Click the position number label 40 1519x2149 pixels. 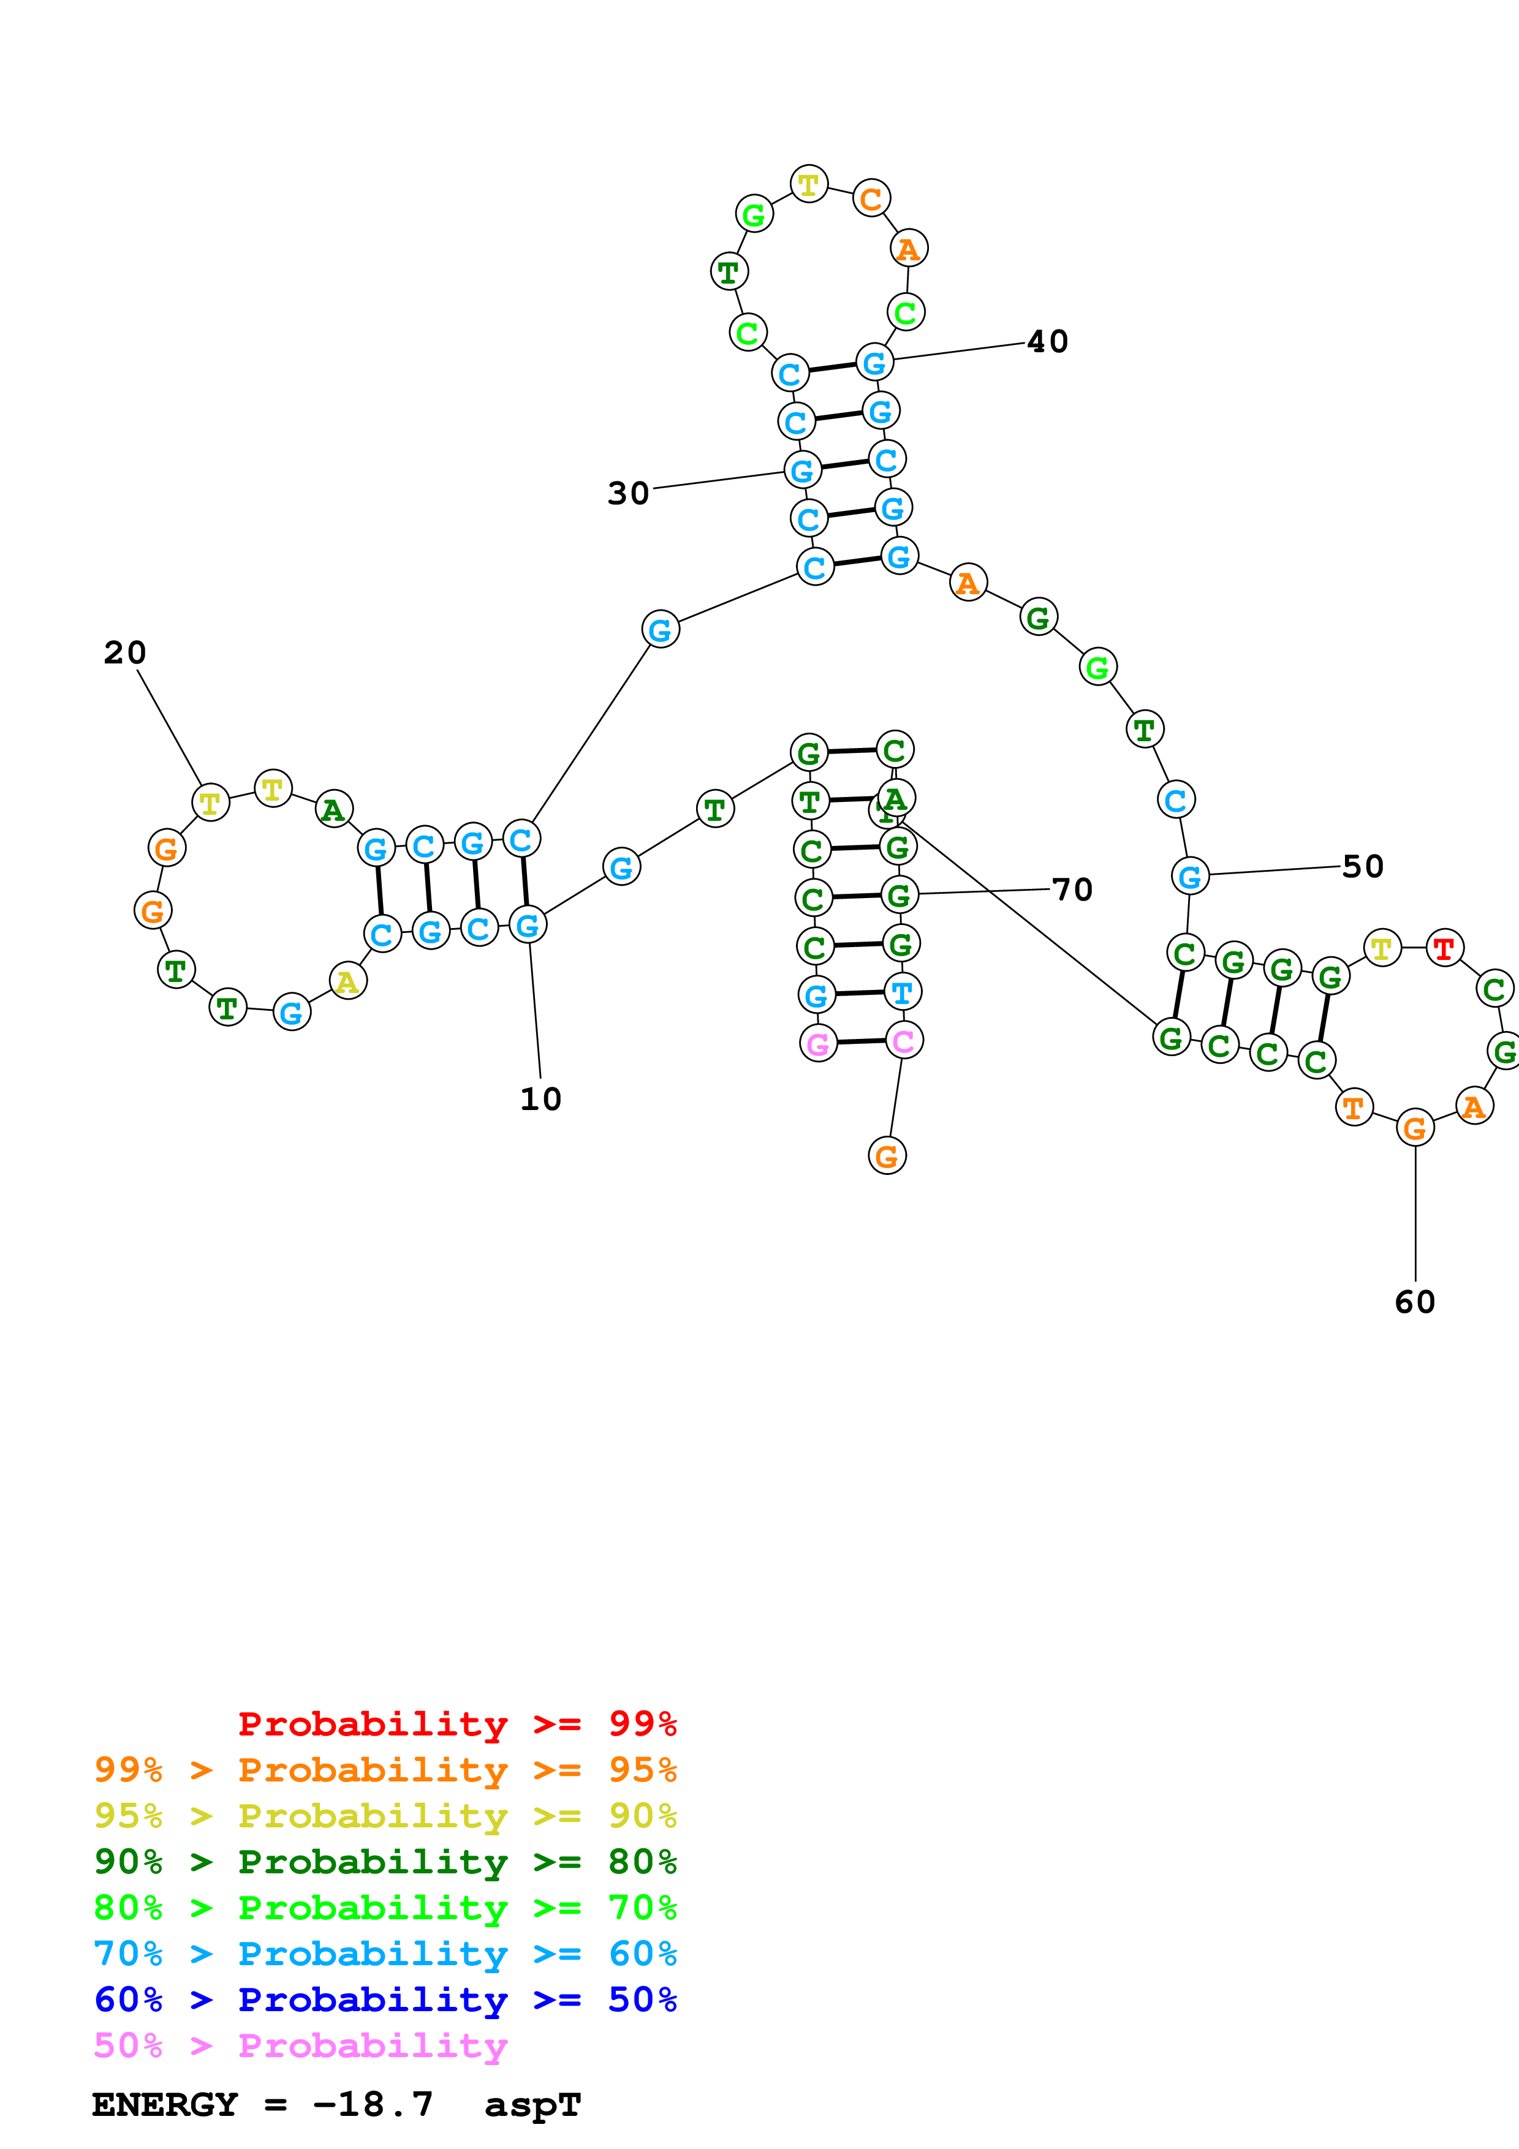1047,342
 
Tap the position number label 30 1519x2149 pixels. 628,493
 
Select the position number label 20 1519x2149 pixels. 124,652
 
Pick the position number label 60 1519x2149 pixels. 1414,1302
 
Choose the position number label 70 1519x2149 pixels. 1072,889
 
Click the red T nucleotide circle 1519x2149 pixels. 1444,948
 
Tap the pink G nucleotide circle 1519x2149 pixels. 818,1043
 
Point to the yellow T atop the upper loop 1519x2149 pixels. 809,184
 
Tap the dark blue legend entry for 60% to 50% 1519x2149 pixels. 385,2000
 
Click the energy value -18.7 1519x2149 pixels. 373,2105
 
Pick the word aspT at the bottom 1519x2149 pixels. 532,2105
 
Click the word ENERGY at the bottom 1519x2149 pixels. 165,2105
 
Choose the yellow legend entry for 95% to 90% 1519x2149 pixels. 385,1816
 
